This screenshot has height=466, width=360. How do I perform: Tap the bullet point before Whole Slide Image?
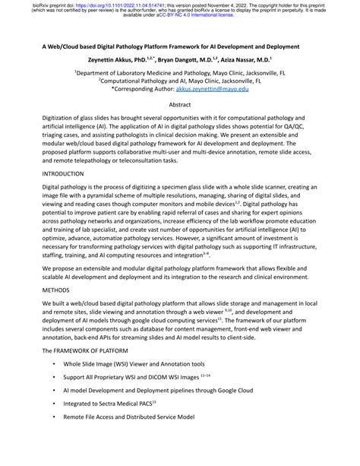click(x=54, y=366)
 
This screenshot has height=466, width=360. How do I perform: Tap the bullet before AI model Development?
click(x=54, y=391)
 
